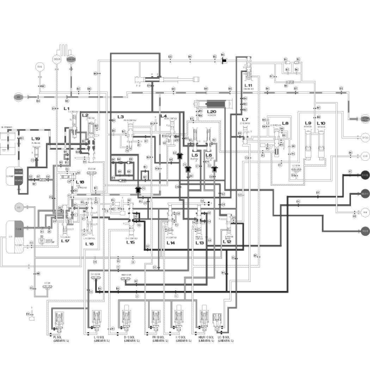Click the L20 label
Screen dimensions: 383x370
[212, 111]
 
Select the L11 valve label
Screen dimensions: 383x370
[248, 85]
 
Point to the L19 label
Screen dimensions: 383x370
[36, 139]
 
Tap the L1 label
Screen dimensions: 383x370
[67, 108]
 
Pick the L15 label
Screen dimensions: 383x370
[130, 242]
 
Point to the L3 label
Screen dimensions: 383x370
[121, 117]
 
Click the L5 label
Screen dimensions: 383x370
[195, 155]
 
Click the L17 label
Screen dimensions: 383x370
[66, 241]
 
